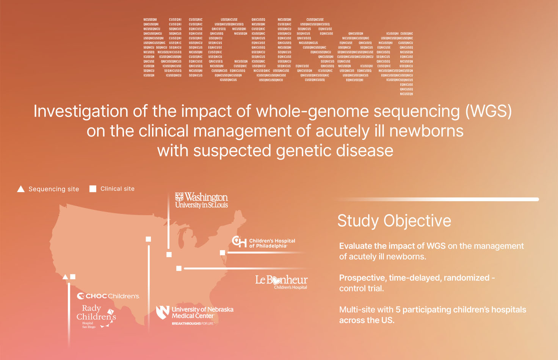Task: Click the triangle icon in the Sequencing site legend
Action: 21,189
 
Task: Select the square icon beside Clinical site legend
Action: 92,189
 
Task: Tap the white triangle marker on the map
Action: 65,277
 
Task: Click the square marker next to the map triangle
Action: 73,277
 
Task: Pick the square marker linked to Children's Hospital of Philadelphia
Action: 223,253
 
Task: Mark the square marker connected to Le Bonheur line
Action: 179,268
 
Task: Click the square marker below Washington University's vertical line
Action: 169,255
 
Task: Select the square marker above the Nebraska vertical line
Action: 148,239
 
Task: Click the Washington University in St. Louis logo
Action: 201,200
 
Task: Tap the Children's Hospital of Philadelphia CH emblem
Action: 239,241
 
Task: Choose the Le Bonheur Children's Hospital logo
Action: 281,282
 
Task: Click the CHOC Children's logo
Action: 108,296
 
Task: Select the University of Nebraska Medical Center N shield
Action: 163,312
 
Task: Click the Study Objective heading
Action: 394,221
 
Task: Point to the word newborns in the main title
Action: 426,131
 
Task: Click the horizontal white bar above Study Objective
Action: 436,199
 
